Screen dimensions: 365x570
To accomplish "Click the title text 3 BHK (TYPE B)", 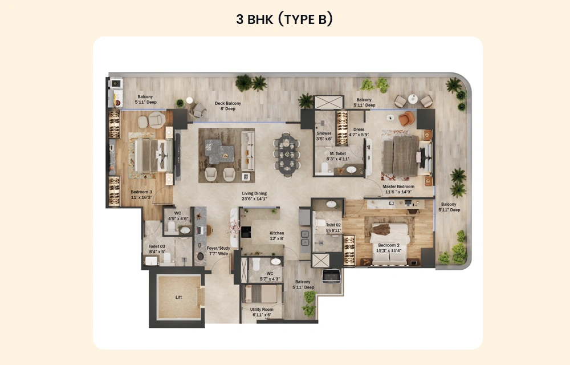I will coord(284,19).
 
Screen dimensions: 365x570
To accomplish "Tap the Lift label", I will coord(178,298).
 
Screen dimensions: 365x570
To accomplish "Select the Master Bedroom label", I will coord(398,186).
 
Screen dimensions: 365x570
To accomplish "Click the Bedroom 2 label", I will coord(389,246).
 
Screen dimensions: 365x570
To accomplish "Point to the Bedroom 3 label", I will coord(141,192).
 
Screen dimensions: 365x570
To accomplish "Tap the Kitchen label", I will coord(277,233).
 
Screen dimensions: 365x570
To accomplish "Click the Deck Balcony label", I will coord(227,104).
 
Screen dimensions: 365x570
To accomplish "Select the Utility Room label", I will coord(262,310).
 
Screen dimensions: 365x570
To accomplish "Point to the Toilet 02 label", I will coord(333,225).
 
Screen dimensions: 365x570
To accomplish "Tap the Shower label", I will coord(324,133).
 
